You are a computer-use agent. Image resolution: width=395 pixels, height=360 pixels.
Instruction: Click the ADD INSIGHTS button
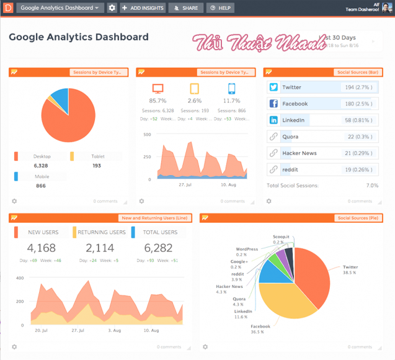pos(143,8)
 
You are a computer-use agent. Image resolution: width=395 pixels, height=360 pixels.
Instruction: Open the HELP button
pos(220,8)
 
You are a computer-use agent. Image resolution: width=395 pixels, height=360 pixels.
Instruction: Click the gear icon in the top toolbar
pos(112,8)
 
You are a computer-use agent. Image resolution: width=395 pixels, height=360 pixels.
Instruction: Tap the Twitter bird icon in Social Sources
pos(273,88)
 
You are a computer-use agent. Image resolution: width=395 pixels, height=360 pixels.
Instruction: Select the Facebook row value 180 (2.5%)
pos(358,104)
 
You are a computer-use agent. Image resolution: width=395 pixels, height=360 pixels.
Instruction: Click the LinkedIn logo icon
pos(273,120)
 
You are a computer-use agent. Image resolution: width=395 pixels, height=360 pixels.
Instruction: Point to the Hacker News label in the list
pos(300,153)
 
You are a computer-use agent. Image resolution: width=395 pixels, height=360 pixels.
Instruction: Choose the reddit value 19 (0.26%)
pos(358,169)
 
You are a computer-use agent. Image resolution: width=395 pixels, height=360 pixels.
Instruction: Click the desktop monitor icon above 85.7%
pos(158,88)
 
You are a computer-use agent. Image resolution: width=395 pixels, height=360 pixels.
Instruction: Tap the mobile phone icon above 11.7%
pos(231,88)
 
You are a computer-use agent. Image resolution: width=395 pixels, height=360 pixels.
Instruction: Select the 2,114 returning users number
pos(99,248)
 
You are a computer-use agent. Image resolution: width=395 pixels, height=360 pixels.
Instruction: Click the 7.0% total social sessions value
pos(372,185)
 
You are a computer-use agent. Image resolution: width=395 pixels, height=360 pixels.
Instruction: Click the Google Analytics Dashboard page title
pos(79,37)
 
